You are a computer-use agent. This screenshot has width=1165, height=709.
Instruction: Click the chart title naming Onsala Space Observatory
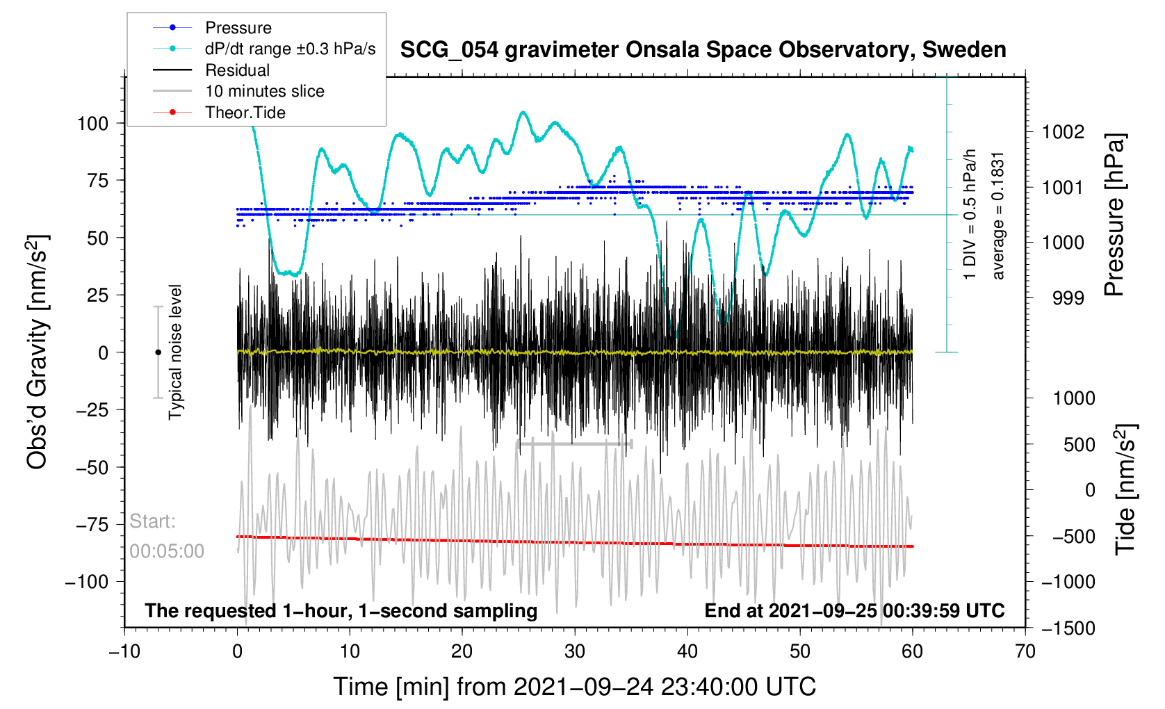tap(703, 50)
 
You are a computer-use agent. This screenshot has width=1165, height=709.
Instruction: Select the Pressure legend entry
tap(238, 28)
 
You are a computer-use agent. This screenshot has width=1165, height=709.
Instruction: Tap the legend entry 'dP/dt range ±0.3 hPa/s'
tap(290, 49)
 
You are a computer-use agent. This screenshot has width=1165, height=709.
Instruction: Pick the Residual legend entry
tap(237, 70)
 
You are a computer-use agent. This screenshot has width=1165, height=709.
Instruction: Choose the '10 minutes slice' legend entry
tap(264, 91)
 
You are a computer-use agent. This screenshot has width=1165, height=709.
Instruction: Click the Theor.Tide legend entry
tap(245, 113)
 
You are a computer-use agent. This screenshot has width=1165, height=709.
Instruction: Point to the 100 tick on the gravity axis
tap(93, 124)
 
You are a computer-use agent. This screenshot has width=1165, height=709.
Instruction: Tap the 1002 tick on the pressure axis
tap(1063, 131)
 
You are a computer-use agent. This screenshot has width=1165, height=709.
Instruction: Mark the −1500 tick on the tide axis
tap(1068, 628)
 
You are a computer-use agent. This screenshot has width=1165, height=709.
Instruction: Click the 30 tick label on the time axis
tap(575, 652)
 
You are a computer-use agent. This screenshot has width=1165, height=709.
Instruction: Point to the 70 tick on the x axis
tap(1025, 652)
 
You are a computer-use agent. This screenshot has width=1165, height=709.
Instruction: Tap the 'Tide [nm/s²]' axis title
tap(1125, 489)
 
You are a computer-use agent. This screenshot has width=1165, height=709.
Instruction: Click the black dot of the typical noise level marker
tap(158, 352)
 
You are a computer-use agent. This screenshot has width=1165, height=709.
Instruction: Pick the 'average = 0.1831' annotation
tap(998, 215)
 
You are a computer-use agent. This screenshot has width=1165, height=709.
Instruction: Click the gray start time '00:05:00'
tap(167, 551)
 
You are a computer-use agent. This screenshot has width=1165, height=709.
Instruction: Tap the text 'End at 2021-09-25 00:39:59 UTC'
tap(854, 611)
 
